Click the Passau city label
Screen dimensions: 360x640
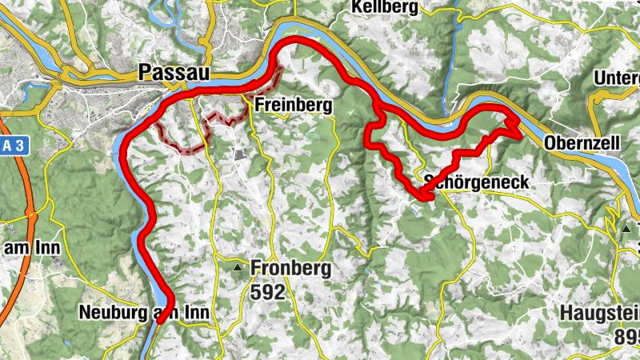[x=174, y=72]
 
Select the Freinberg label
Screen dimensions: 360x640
[x=293, y=105]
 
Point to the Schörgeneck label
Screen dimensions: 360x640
[x=478, y=182]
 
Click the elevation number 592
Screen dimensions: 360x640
[x=267, y=292]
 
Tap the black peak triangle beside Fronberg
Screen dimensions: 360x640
[x=238, y=269]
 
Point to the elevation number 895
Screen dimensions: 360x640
[x=627, y=337]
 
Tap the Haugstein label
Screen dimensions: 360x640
[x=600, y=313]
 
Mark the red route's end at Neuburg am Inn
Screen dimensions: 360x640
[x=162, y=320]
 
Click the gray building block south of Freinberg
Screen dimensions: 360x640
[x=239, y=154]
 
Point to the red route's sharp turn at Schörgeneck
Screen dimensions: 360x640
[x=422, y=192]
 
